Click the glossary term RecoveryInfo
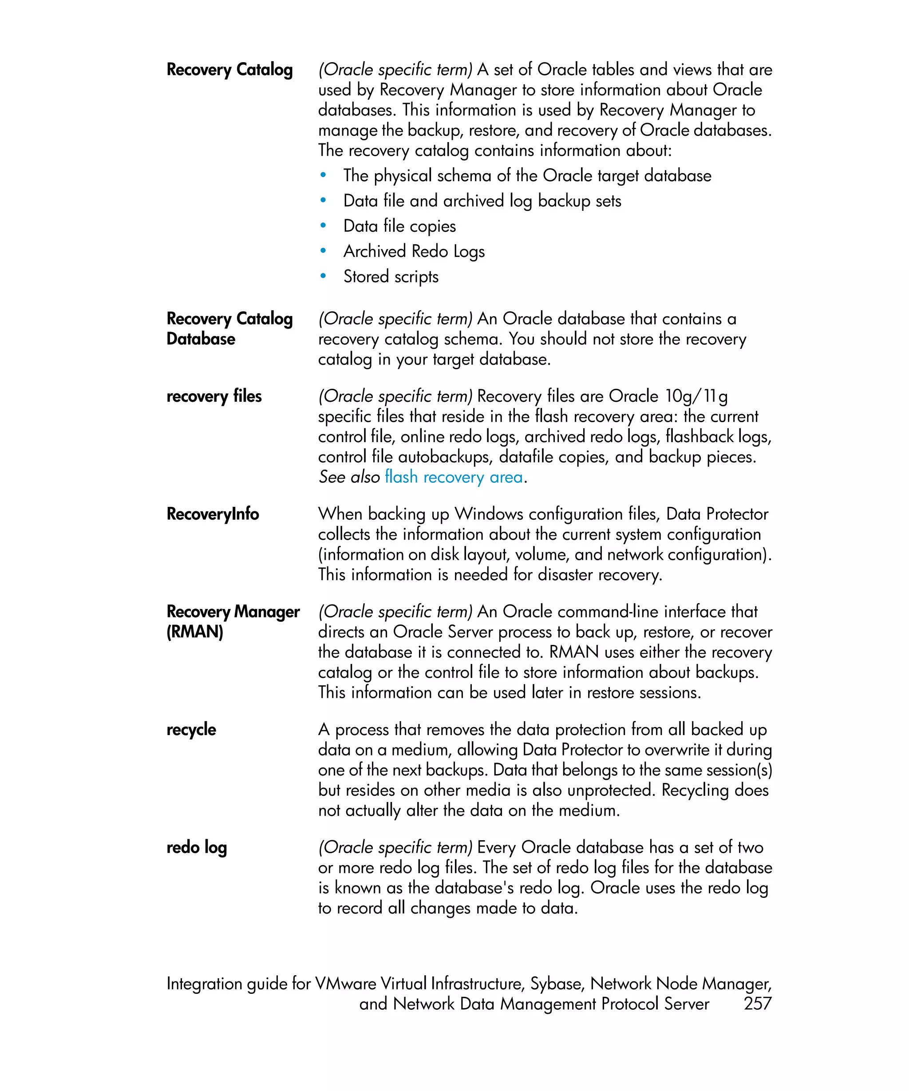coord(213,514)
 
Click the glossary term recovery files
coord(214,396)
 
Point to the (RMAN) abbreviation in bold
coord(195,632)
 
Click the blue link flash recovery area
coord(454,477)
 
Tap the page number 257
coord(757,1003)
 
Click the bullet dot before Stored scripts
coord(323,277)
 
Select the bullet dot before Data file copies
coord(323,226)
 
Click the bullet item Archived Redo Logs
coord(414,252)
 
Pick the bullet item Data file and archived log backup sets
coord(482,201)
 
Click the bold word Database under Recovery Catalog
coord(201,339)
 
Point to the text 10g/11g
coord(696,396)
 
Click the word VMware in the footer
coord(345,984)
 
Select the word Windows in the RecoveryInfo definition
coord(487,514)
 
